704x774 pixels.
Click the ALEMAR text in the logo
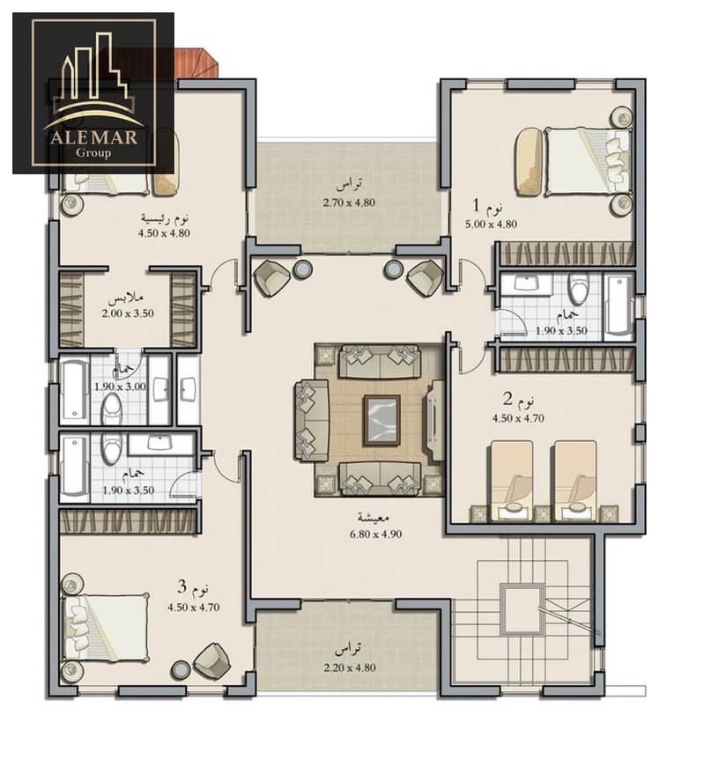click(x=93, y=136)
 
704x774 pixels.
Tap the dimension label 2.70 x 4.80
click(x=349, y=203)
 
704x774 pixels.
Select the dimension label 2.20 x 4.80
click(x=350, y=667)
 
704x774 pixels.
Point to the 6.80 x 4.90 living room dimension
click(x=376, y=534)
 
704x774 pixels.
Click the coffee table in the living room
click(x=382, y=420)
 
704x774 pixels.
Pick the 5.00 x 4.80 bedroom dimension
click(x=491, y=224)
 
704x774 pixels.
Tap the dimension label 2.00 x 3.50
click(x=128, y=313)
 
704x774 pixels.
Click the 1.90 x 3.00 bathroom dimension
click(x=120, y=387)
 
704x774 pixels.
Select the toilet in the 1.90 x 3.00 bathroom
click(x=112, y=409)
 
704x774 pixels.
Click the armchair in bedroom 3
click(x=212, y=661)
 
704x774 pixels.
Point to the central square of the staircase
click(x=522, y=609)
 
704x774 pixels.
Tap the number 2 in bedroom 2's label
click(x=508, y=398)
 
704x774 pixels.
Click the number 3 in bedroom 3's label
click(x=182, y=587)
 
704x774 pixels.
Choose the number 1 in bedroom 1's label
click(x=477, y=204)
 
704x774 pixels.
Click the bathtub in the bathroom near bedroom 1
click(x=618, y=306)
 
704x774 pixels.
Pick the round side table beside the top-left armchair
click(x=302, y=269)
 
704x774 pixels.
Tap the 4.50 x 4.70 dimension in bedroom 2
click(x=518, y=418)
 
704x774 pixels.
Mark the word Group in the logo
click(x=93, y=152)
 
